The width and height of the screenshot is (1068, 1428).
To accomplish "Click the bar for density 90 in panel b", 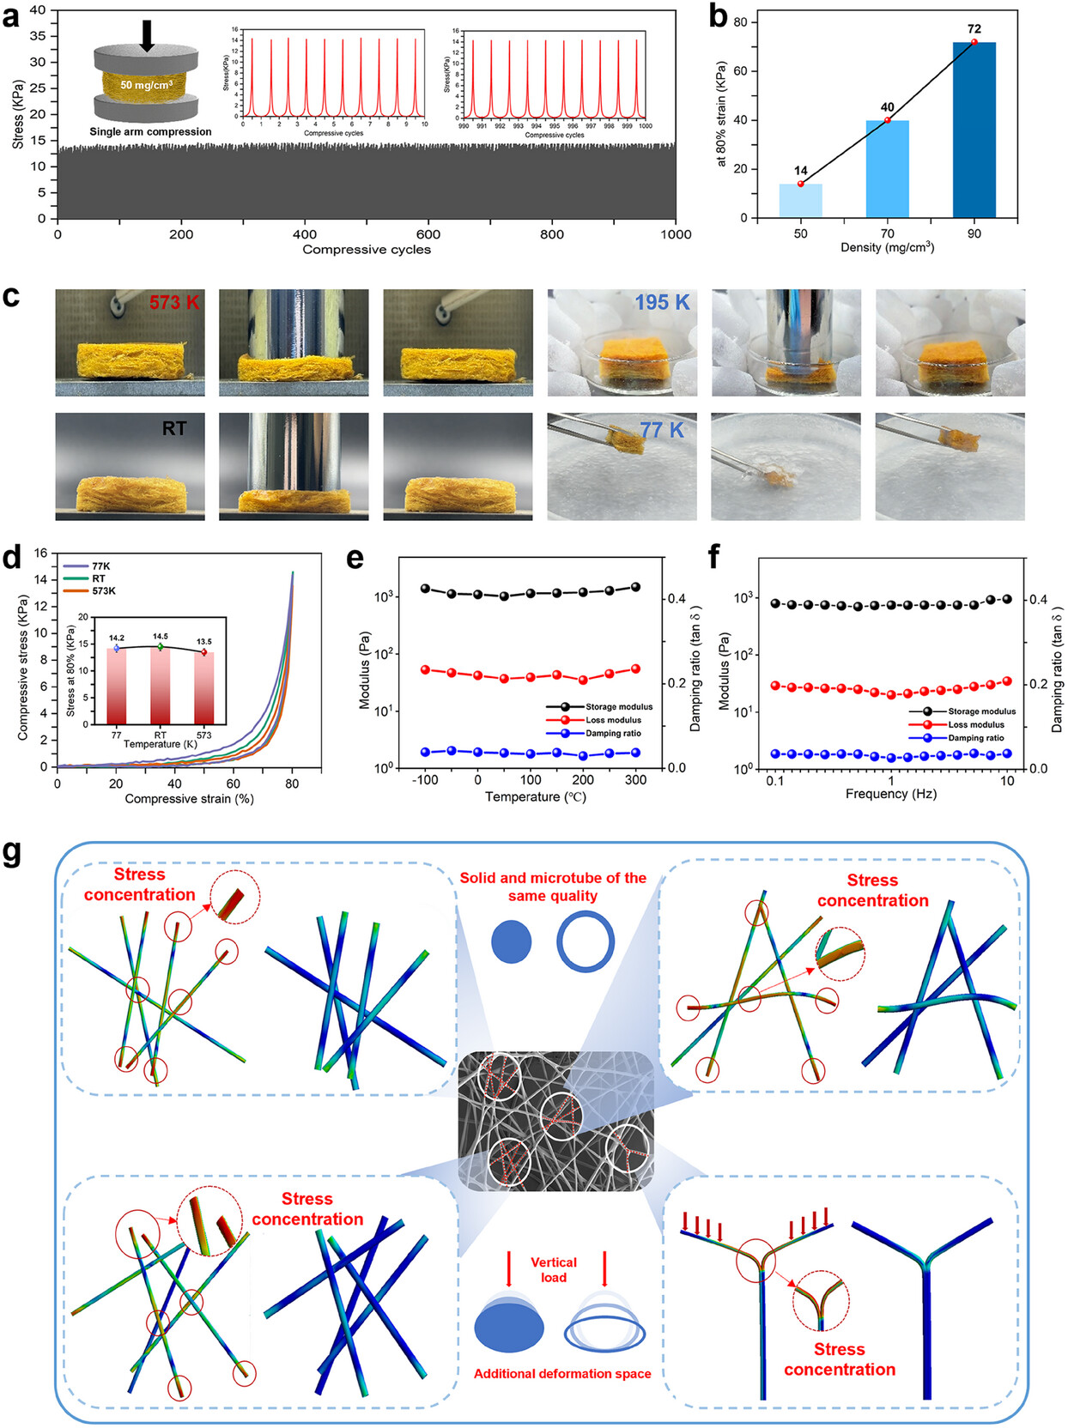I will point(974,130).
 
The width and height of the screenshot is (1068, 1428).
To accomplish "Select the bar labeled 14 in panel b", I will point(800,201).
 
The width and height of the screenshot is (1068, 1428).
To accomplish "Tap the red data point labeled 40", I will point(888,120).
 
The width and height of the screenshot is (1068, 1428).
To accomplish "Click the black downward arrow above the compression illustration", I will point(147,34).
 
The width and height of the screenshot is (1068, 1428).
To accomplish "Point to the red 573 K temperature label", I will point(174,302).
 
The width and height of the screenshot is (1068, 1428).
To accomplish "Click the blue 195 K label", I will point(662,302).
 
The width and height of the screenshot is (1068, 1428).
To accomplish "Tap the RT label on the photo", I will point(174,428).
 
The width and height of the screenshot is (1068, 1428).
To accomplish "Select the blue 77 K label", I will point(662,430).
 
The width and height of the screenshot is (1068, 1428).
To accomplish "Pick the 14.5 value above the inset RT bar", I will point(161,637).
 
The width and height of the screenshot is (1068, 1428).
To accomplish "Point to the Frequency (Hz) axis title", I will point(890,794).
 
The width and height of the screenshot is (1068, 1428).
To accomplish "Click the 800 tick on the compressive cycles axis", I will point(552,234).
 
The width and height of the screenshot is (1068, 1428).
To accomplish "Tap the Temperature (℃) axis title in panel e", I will point(535,797).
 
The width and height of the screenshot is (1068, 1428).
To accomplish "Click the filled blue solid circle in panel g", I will point(511,941).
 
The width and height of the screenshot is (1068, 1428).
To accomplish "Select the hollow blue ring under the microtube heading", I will point(586,941).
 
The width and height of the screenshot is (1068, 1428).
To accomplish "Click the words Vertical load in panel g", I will point(554,1269).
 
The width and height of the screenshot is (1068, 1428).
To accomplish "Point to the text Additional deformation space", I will point(562,1374).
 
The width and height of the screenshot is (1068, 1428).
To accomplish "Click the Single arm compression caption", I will point(150,132).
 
